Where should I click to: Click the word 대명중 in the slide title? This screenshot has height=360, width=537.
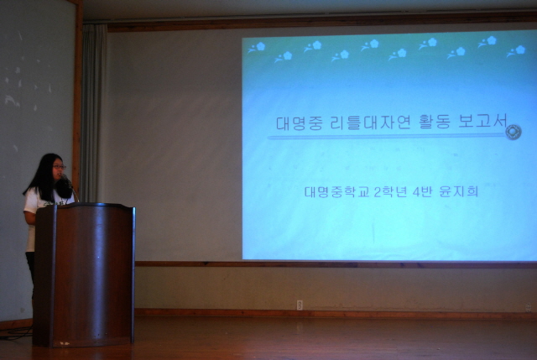coord(300,123)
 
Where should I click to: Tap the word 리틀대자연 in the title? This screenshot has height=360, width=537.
coord(370,123)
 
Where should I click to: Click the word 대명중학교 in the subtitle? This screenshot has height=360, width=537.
coord(337,192)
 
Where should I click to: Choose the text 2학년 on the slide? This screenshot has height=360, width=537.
coord(389,192)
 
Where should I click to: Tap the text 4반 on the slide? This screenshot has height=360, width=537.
coord(422,192)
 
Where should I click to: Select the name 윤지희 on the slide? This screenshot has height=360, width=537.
coord(459,191)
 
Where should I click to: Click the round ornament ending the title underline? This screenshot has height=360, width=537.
coord(513,133)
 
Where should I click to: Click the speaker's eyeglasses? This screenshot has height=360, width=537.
coord(59,167)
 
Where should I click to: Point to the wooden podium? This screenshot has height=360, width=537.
coord(84,274)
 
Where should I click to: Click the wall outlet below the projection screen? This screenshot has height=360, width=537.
coord(300,305)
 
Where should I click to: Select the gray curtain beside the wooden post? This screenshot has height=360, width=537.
coord(93,113)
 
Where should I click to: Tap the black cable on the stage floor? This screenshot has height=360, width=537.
coord(16,333)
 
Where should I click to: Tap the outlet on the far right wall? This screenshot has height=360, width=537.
coord(528,307)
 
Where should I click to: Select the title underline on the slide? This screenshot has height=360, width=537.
coord(387,137)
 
